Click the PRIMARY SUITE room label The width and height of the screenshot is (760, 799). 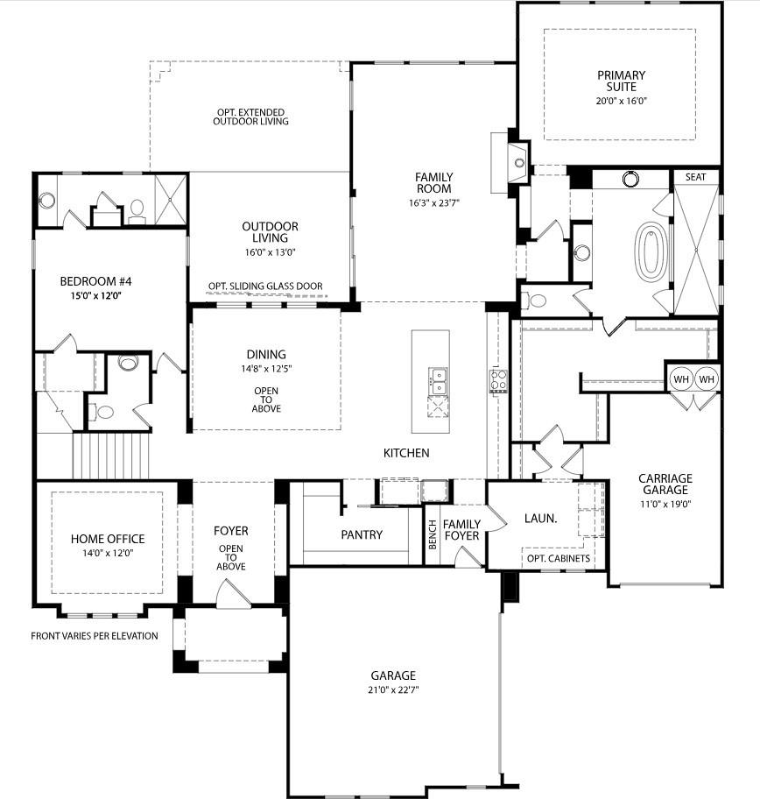coord(621,81)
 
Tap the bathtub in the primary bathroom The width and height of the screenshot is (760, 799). coord(650,252)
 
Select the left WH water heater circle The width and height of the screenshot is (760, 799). coord(680,379)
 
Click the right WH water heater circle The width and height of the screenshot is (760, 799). coord(707,379)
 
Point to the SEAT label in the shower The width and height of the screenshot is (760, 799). coord(695,177)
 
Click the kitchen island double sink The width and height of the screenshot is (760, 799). coord(437,381)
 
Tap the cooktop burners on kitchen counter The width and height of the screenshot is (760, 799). coord(497,381)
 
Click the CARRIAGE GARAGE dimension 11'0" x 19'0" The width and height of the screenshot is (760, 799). coord(665,503)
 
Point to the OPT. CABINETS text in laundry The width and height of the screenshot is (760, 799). coord(558,559)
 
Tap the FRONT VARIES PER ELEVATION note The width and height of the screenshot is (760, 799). coord(95,636)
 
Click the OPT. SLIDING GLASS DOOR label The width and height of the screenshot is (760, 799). coord(265,286)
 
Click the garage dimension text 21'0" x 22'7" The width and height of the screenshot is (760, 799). coord(392,689)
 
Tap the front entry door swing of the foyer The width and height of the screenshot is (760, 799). coord(232,597)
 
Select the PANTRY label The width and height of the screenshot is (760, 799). coord(362,534)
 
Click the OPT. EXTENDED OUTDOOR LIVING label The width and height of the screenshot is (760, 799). coord(250,117)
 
